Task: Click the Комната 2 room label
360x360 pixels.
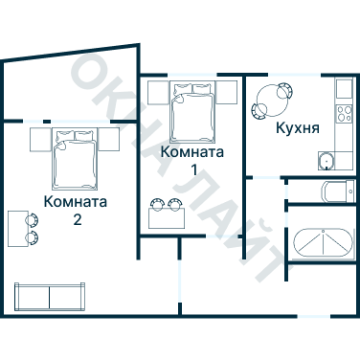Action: [75, 211]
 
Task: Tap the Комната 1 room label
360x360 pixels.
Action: [192, 160]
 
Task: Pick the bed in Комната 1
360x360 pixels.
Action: [192, 109]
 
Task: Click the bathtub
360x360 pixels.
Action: [323, 245]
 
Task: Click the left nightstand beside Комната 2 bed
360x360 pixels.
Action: [38, 139]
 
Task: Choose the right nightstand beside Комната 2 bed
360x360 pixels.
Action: [111, 139]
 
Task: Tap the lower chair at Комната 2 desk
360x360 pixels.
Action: [33, 236]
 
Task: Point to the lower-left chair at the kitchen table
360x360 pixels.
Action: [259, 110]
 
